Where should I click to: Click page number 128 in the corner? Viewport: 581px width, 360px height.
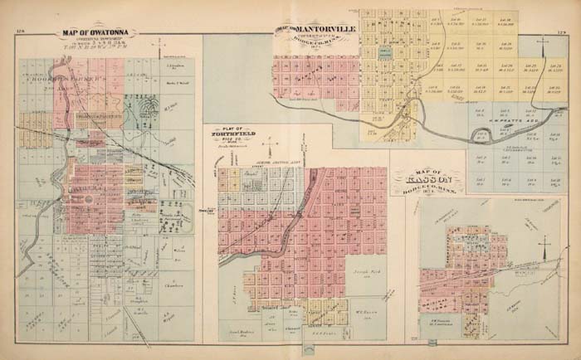(x=21, y=32)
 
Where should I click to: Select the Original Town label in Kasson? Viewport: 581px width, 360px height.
(x=444, y=286)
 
